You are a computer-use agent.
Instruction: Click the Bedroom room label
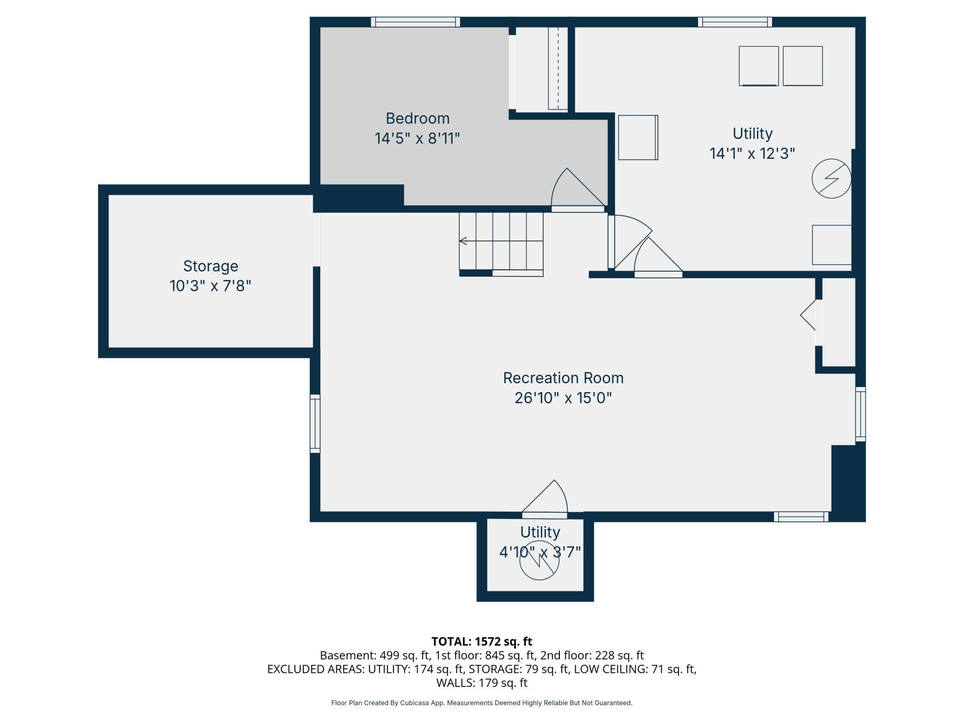click(x=417, y=119)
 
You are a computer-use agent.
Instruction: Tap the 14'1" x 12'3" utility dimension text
click(x=752, y=153)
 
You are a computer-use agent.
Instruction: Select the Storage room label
click(x=210, y=266)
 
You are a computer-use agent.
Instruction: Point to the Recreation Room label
click(x=563, y=378)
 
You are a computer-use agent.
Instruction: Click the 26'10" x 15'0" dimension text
click(x=563, y=398)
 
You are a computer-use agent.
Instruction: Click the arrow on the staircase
click(x=463, y=241)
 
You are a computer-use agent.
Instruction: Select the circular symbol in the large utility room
click(x=831, y=178)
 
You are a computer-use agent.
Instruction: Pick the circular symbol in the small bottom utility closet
click(x=539, y=561)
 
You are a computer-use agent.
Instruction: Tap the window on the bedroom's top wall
click(x=415, y=22)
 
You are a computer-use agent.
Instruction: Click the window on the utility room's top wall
click(x=735, y=22)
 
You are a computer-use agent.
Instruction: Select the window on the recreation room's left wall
click(x=315, y=424)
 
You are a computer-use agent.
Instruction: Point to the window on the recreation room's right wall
click(x=860, y=414)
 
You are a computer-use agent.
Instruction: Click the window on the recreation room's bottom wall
click(x=801, y=516)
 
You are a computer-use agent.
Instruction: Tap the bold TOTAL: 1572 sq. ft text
click(x=482, y=641)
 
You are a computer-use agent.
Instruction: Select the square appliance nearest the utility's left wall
click(x=638, y=138)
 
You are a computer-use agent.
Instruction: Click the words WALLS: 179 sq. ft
click(x=482, y=683)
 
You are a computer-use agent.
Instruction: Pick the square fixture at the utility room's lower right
click(x=831, y=245)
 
